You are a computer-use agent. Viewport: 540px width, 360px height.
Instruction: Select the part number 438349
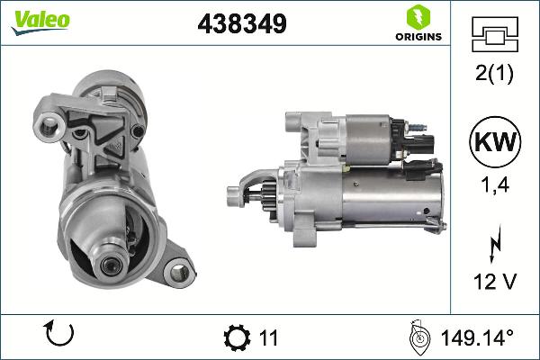pyautogui.click(x=241, y=25)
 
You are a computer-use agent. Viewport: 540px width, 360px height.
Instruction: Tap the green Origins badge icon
pyautogui.click(x=416, y=16)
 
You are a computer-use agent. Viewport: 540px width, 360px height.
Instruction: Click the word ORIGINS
pyautogui.click(x=416, y=37)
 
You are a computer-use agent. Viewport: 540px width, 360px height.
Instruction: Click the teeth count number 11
pyautogui.click(x=267, y=338)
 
